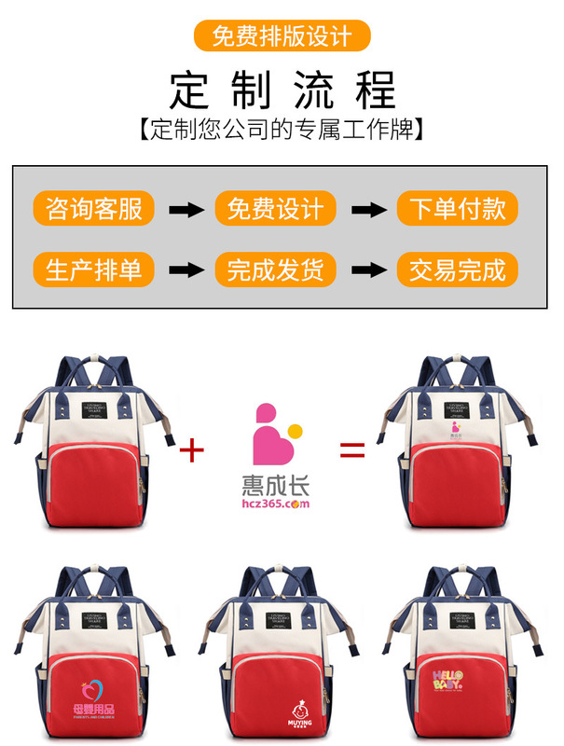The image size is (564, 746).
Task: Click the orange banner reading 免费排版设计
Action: coord(282,36)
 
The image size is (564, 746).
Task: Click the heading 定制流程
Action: coord(282,90)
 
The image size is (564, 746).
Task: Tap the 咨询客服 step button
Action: coord(93,209)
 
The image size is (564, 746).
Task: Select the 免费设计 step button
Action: coord(275,209)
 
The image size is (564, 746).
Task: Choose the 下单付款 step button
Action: coord(457,209)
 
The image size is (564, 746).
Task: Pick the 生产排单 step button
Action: coord(93,269)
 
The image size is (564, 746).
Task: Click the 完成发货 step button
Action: coord(275,269)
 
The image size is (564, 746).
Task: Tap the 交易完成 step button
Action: coord(457,269)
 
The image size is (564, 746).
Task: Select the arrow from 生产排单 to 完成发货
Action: coord(184,270)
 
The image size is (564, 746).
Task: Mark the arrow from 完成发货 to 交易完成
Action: coord(365,270)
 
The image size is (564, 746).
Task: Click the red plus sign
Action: coord(191,450)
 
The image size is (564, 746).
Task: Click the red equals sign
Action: coord(351,450)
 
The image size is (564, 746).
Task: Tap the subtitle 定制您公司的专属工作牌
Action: coord(282,129)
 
